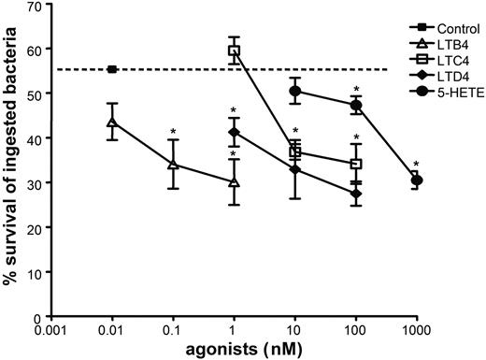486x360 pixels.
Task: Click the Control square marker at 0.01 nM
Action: point(112,69)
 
